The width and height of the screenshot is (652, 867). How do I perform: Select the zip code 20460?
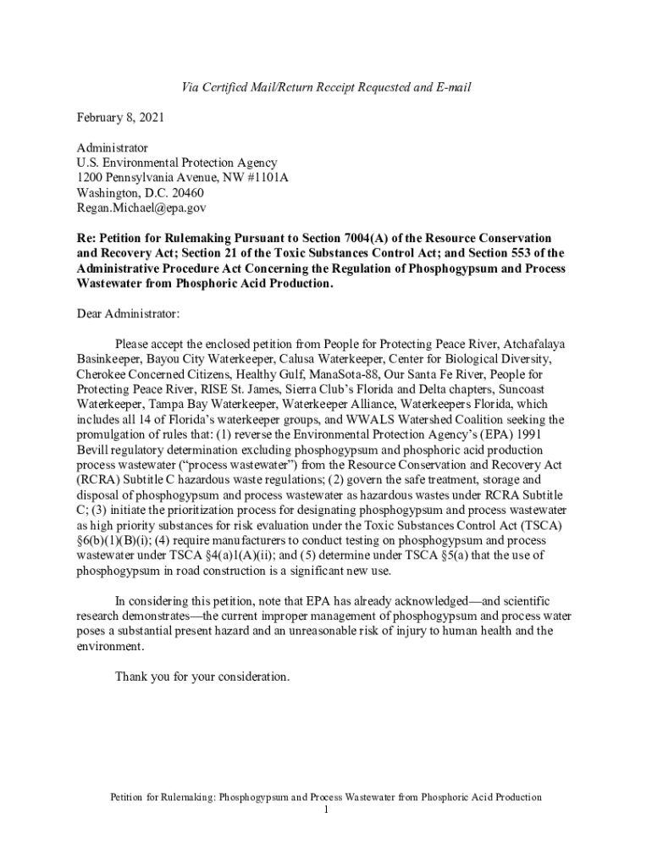pyautogui.click(x=185, y=192)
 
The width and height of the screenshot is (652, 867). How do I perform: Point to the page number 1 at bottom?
pyautogui.click(x=326, y=810)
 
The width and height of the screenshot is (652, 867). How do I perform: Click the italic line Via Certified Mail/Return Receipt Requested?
pyautogui.click(x=326, y=87)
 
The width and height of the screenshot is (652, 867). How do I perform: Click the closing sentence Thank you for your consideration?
pyautogui.click(x=202, y=677)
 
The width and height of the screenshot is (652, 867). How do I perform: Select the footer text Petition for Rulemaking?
pyautogui.click(x=158, y=798)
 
